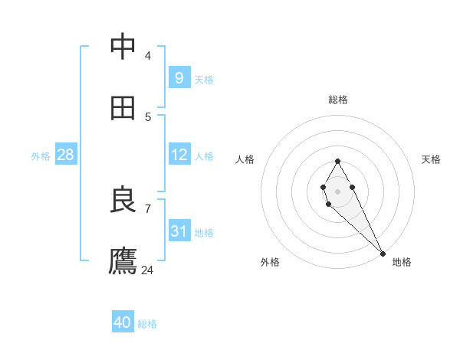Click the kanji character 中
pyautogui.click(x=123, y=47)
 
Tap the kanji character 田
pyautogui.click(x=123, y=108)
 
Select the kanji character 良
pyautogui.click(x=123, y=200)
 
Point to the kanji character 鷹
pyautogui.click(x=123, y=261)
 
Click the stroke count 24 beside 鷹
pyautogui.click(x=148, y=270)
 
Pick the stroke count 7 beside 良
pyautogui.click(x=148, y=208)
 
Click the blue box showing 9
pyautogui.click(x=179, y=78)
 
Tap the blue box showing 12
pyautogui.click(x=179, y=155)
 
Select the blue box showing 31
pyautogui.click(x=179, y=231)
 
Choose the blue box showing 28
pyautogui.click(x=65, y=155)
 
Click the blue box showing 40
pyautogui.click(x=123, y=322)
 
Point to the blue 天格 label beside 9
pyautogui.click(x=204, y=80)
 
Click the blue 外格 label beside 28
pyautogui.click(x=41, y=155)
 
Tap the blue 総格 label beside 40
pyautogui.click(x=148, y=324)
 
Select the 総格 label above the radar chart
pyautogui.click(x=338, y=100)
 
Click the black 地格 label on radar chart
pyautogui.click(x=402, y=262)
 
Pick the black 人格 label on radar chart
pyautogui.click(x=245, y=159)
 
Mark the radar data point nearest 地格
pyautogui.click(x=383, y=254)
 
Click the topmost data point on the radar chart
pyautogui.click(x=337, y=161)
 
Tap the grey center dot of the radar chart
pyautogui.click(x=337, y=190)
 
